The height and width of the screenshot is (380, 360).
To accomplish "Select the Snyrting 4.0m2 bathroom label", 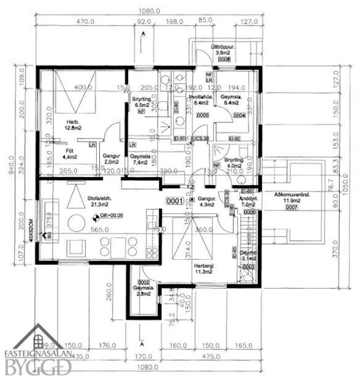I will coord(234,162).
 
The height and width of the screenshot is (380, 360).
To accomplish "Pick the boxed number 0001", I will coord(176,200).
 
